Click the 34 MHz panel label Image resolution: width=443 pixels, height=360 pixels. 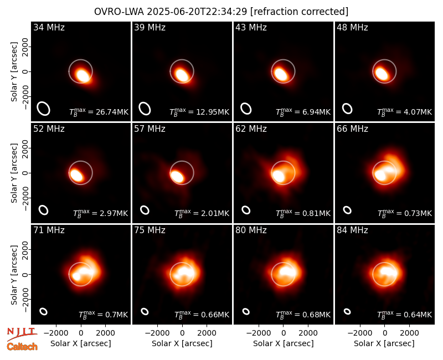(49, 27)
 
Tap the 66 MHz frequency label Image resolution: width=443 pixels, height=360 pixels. (352, 129)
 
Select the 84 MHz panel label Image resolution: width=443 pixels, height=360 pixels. (352, 230)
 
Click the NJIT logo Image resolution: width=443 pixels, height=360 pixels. (22, 333)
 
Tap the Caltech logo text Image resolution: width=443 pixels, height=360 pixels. (22, 347)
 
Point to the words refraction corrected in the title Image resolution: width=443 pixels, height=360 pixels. (300, 12)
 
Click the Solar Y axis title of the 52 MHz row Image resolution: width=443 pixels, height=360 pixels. (14, 173)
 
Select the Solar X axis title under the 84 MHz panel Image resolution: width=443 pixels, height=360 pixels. (384, 343)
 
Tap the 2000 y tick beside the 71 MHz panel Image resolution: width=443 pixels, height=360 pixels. (25, 250)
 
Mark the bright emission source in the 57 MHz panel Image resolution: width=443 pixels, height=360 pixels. (177, 177)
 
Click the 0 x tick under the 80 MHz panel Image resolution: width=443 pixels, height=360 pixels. (284, 333)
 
